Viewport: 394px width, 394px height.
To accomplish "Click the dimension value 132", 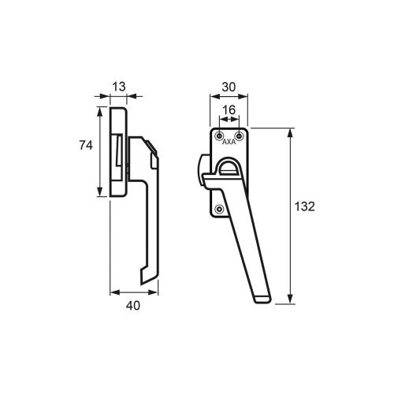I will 304,206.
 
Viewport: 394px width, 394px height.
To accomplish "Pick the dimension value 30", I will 229,87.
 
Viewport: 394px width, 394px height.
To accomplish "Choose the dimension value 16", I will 229,111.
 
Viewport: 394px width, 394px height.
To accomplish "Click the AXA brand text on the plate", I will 229,143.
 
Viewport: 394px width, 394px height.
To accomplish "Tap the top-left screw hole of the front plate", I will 219,136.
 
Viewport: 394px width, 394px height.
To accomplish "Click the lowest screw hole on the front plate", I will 219,209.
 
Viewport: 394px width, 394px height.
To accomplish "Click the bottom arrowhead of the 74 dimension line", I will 100,195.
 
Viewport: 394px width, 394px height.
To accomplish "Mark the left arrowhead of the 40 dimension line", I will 112,292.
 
